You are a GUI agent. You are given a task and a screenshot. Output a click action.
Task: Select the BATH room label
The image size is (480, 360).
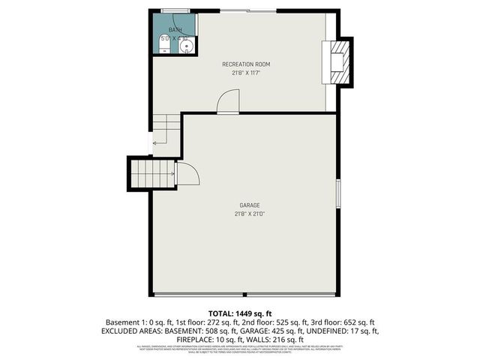pos(175,30)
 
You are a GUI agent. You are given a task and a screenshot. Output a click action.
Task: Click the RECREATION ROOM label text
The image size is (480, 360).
pos(245,64)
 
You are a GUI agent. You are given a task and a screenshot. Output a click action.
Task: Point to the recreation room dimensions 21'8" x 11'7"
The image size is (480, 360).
pos(245,73)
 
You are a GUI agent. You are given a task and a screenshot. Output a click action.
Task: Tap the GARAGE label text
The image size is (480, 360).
pos(249,205)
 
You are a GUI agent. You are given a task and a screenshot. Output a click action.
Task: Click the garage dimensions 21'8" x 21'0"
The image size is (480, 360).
pos(249,214)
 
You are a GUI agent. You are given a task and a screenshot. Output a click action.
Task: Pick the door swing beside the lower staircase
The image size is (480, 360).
pos(188,174)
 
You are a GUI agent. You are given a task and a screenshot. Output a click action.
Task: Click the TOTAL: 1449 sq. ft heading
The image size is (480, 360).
pos(239,313)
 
